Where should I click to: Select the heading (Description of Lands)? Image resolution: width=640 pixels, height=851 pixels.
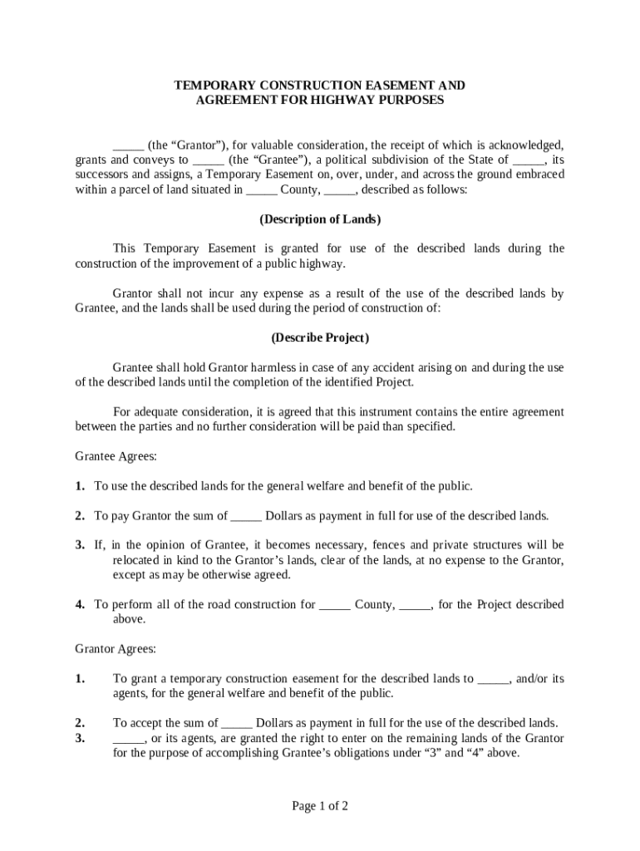[x=320, y=219]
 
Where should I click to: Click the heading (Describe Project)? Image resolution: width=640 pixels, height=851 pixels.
[x=320, y=338]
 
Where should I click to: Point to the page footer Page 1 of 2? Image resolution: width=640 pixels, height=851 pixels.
[x=320, y=805]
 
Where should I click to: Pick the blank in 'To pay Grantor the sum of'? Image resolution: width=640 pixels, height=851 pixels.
[x=246, y=516]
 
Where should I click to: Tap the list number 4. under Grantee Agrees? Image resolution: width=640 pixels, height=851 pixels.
[x=80, y=605]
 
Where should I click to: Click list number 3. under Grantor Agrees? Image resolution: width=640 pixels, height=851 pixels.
[x=80, y=738]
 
